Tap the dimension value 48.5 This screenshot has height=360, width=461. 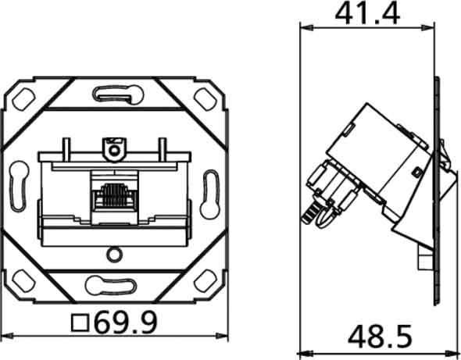pos(380,338)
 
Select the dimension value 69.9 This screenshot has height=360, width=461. pos(124,321)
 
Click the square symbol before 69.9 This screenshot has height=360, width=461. pos(78,321)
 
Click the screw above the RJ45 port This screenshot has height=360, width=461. pos(115,145)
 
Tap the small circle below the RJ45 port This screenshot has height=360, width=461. pos(115,254)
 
